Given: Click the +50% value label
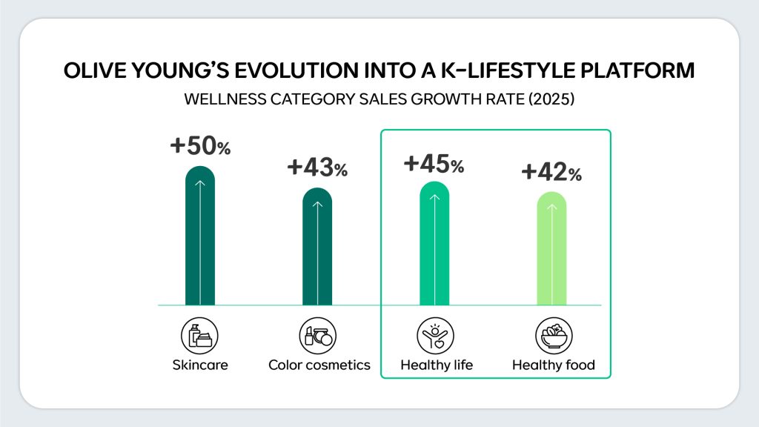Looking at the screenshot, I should [200, 146].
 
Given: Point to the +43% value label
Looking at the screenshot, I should [317, 168].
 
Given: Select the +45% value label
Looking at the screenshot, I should [434, 163].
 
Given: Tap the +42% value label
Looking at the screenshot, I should [551, 172].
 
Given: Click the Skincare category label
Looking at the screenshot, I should [200, 365].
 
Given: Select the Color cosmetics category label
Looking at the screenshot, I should [319, 365].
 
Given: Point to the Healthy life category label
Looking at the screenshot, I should [436, 365].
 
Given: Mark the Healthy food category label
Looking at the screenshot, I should [553, 365].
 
